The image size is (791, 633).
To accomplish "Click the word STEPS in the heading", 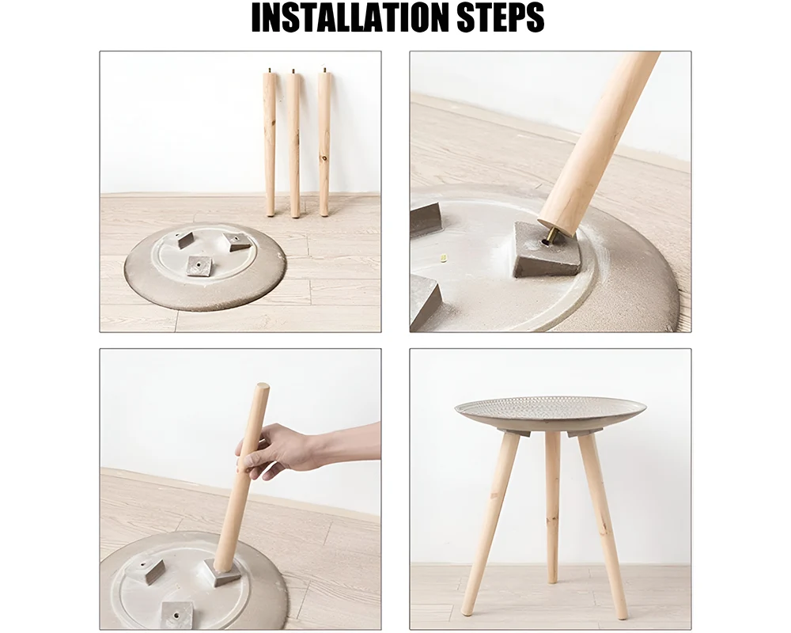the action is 501,17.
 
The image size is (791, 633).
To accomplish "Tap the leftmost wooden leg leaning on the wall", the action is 270,144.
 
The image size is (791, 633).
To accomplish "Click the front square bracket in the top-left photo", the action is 199,266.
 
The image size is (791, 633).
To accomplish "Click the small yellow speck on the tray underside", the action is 445,259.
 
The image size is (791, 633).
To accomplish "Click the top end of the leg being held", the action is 262,387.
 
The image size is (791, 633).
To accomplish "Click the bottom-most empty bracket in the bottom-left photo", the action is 177,614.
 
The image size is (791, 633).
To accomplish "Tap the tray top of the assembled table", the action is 550,409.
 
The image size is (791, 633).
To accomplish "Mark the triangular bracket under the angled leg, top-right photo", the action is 547,250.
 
